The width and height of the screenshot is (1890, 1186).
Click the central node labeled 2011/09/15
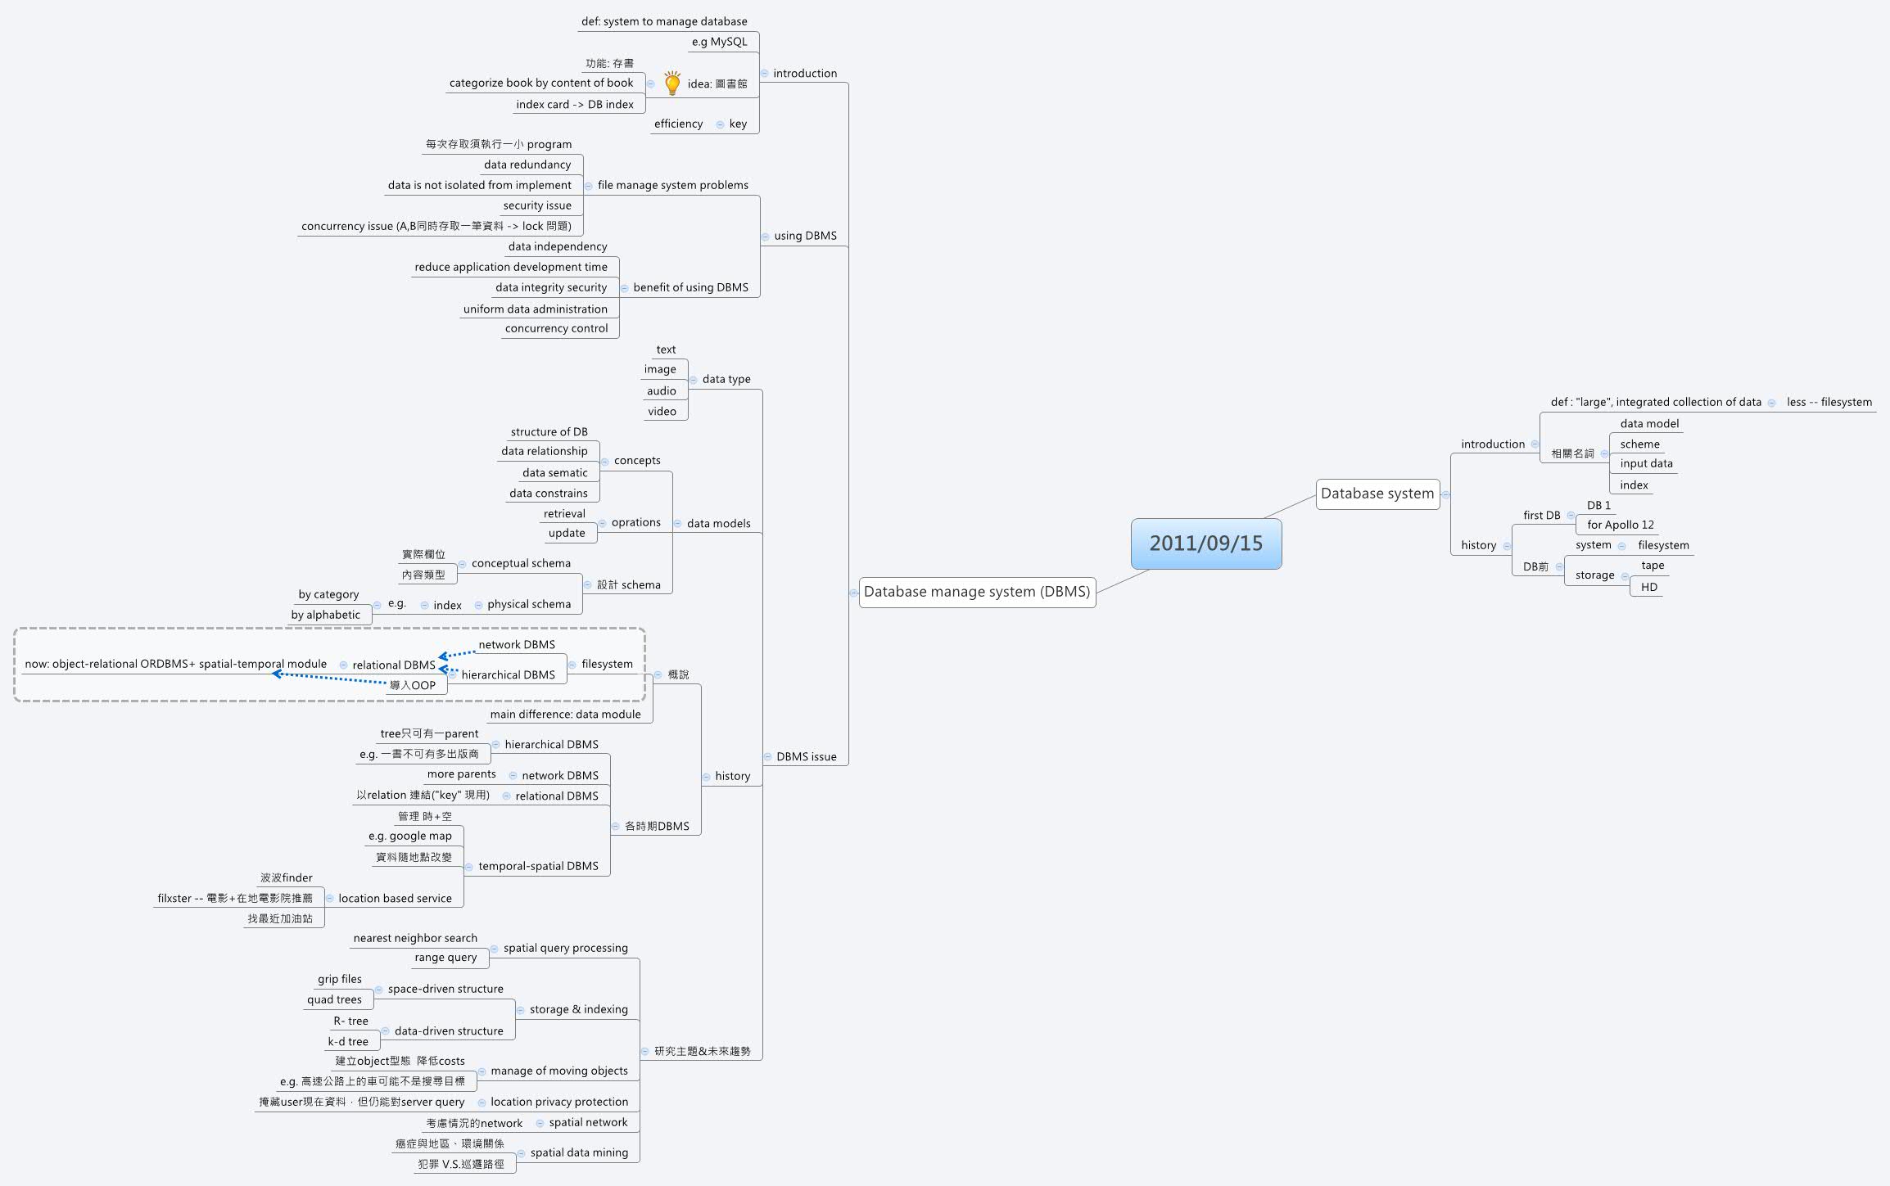click(1205, 543)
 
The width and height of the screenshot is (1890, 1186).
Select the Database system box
click(1377, 494)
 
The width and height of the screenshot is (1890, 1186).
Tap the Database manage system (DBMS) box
click(977, 592)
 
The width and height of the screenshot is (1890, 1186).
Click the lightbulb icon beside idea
click(672, 83)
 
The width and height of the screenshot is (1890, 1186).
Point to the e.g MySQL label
click(719, 42)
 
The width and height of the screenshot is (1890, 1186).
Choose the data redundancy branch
click(527, 165)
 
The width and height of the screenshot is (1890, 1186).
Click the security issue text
click(537, 205)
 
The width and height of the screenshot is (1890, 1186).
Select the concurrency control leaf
click(556, 328)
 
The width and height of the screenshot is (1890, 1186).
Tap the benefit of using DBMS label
click(690, 287)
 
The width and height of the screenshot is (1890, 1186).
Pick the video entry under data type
click(662, 411)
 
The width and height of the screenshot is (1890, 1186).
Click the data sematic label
click(554, 472)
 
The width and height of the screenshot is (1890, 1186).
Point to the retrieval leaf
click(564, 513)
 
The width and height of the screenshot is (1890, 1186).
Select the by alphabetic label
click(325, 615)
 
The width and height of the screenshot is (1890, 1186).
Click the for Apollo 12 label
click(1620, 525)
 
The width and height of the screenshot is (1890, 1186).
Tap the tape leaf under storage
click(1653, 565)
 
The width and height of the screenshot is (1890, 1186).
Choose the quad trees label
click(334, 999)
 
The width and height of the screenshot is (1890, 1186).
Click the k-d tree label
click(348, 1041)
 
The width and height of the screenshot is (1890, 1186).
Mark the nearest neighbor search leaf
click(415, 938)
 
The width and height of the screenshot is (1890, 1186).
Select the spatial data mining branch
click(579, 1152)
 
